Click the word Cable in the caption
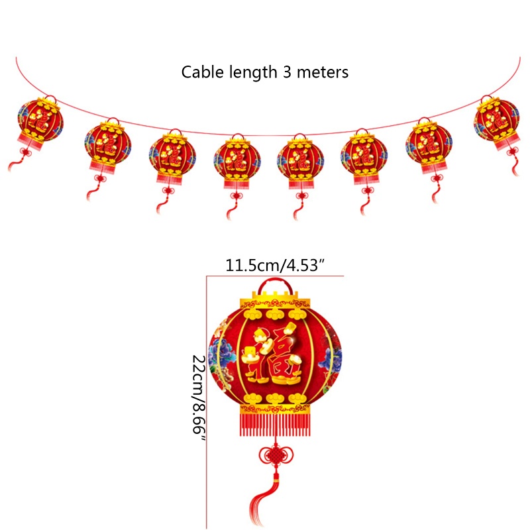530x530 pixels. (x=203, y=72)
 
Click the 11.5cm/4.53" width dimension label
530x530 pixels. (x=274, y=266)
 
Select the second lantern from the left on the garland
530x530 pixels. (x=107, y=146)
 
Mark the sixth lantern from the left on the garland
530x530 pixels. (x=364, y=158)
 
